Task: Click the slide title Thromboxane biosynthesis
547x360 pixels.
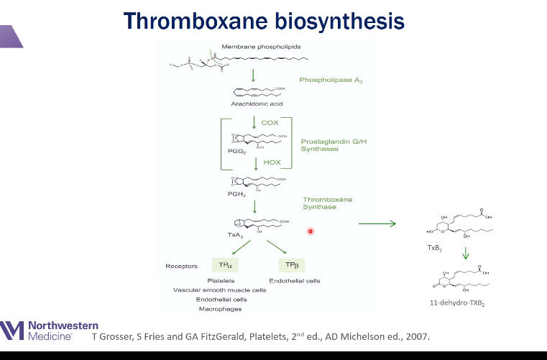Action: click(x=264, y=21)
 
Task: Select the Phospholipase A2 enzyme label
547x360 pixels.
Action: click(x=331, y=80)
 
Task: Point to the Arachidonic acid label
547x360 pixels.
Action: click(x=254, y=103)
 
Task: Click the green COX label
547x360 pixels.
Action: click(x=270, y=123)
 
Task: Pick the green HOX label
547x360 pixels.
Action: click(x=271, y=162)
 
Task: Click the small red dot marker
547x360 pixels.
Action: click(x=311, y=231)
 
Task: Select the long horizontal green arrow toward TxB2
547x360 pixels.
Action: click(x=377, y=224)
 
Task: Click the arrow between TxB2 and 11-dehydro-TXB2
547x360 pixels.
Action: click(x=465, y=254)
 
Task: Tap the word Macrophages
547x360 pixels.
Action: click(x=220, y=309)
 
